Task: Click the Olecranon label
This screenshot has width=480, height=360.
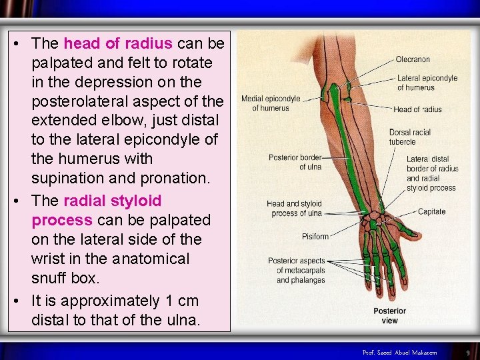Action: pos(413,59)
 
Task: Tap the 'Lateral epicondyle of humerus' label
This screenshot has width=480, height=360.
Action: pos(427,83)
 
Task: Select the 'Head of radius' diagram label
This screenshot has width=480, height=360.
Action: pos(417,109)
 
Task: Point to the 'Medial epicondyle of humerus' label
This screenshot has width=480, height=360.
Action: pos(271,103)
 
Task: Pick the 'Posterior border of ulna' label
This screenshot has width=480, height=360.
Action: pos(295,162)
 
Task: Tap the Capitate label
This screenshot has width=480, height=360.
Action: pos(431,212)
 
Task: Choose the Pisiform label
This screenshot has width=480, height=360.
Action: pos(315,236)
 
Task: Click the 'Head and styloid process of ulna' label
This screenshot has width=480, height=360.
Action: pos(295,208)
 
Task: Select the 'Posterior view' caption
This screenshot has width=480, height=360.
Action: pos(389,315)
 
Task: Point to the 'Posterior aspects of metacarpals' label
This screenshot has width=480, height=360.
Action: pos(297,270)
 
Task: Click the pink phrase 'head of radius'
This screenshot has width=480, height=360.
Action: pos(118,43)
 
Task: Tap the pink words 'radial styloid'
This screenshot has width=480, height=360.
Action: pos(112,201)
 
